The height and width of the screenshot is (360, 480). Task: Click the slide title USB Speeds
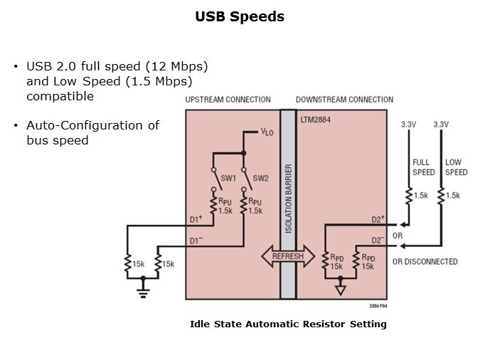(240, 16)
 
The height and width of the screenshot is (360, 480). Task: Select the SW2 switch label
(261, 177)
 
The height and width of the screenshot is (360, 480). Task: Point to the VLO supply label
(267, 132)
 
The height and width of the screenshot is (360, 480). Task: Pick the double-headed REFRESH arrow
(287, 256)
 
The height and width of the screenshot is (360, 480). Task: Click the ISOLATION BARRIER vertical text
(288, 199)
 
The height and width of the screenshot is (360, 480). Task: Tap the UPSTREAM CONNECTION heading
(228, 100)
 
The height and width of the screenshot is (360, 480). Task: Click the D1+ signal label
(196, 218)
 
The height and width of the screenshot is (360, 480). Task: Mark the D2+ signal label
(378, 218)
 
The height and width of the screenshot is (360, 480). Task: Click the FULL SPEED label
(423, 167)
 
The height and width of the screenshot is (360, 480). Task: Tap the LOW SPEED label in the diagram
(457, 167)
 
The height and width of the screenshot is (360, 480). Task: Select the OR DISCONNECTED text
(425, 261)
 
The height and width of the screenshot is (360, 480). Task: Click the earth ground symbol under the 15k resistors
(142, 282)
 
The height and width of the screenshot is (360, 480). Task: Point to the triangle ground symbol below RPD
(340, 290)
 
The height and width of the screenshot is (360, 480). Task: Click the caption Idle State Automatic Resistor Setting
(288, 324)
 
